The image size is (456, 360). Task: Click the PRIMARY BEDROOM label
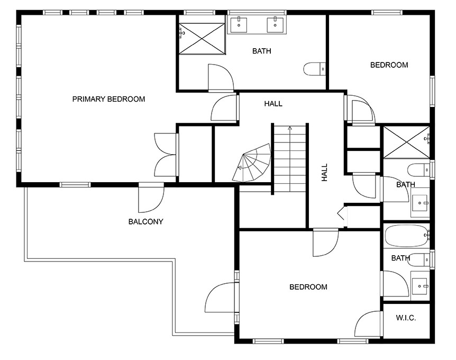tap(108, 99)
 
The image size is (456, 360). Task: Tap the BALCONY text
tap(145, 222)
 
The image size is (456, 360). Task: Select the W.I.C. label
tap(406, 318)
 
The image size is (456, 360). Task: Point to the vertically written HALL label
tap(325, 173)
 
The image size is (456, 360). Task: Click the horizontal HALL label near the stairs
tap(273, 104)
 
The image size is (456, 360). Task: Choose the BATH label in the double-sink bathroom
tap(261, 51)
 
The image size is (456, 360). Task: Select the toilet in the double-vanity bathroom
tap(315, 69)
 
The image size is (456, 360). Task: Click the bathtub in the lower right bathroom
tap(406, 236)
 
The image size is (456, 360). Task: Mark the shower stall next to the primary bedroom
tap(201, 38)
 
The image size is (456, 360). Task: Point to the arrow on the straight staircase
tap(289, 129)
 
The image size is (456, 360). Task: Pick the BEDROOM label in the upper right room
tap(389, 65)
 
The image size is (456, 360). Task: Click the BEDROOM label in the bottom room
tap(308, 287)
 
